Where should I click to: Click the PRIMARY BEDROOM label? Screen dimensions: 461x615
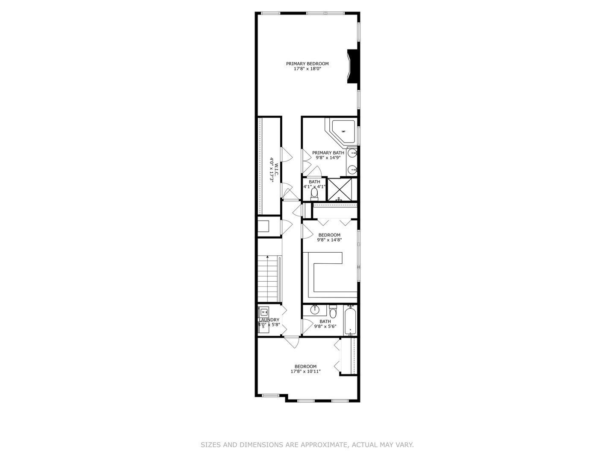click(x=307, y=64)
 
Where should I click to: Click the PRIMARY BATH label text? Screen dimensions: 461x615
click(x=328, y=153)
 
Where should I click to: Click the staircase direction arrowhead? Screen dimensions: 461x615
click(x=268, y=257)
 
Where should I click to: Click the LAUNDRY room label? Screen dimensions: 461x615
click(x=269, y=320)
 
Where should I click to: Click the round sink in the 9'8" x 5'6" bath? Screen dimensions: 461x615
click(x=315, y=308)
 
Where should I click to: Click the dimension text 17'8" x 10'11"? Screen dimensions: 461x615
click(x=305, y=371)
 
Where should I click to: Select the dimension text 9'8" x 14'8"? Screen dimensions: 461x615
click(x=329, y=240)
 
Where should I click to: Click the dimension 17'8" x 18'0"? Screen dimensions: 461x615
click(x=307, y=69)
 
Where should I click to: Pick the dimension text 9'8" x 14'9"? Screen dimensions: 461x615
click(x=328, y=158)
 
